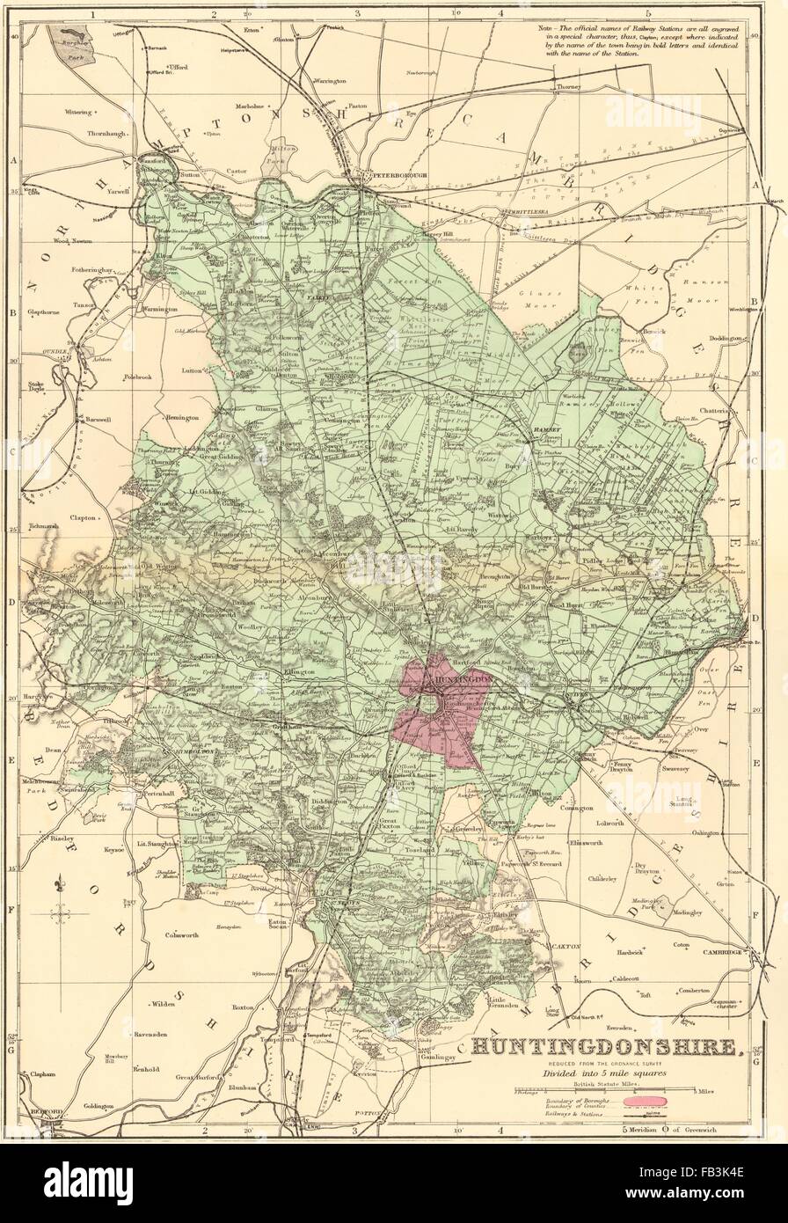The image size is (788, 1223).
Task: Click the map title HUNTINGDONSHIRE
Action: click(x=606, y=1047)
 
